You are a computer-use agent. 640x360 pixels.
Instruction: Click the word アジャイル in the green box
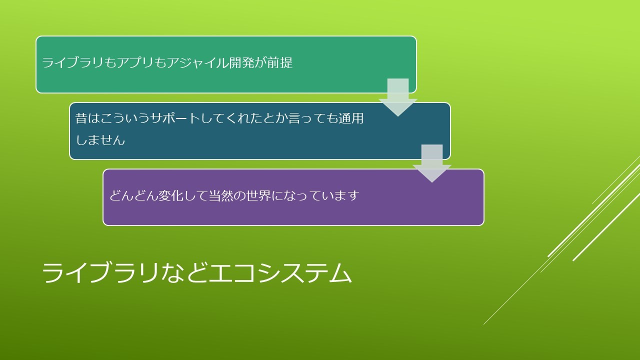click(x=197, y=62)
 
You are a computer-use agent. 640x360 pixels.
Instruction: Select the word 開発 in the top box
click(x=241, y=62)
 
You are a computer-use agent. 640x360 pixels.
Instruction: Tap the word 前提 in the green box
click(x=280, y=62)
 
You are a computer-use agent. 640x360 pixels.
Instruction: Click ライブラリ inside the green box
click(x=72, y=62)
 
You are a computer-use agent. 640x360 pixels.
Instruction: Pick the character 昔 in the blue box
click(x=81, y=118)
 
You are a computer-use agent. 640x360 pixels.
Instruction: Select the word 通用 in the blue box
click(x=351, y=118)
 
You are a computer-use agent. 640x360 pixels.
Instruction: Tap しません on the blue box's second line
click(x=100, y=140)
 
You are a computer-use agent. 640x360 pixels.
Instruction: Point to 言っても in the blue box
click(x=313, y=118)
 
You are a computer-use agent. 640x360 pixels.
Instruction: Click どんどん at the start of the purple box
click(x=133, y=195)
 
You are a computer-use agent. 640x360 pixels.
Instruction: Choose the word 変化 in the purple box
click(x=171, y=195)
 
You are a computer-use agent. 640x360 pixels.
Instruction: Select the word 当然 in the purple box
click(x=221, y=195)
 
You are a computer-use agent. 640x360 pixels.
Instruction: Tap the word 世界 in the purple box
click(x=258, y=195)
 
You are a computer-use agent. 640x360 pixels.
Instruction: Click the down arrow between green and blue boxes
click(x=398, y=97)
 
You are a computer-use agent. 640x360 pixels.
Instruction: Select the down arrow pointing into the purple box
click(x=432, y=163)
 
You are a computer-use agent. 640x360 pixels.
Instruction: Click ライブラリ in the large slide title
click(x=100, y=273)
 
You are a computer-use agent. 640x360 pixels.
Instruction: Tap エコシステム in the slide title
click(x=280, y=273)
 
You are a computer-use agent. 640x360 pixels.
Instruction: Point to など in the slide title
click(x=183, y=273)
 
